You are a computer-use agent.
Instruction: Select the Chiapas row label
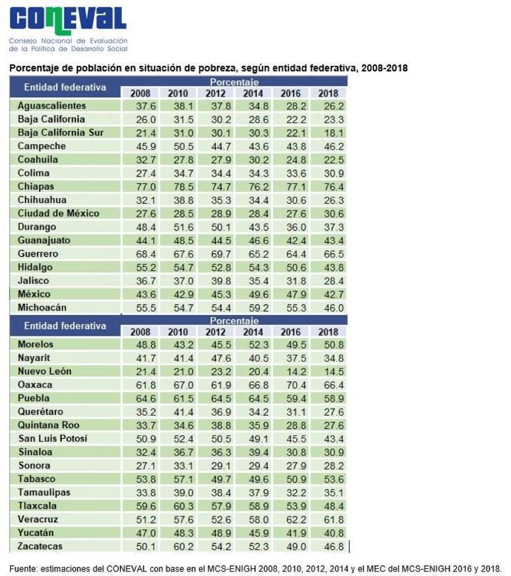(35, 186)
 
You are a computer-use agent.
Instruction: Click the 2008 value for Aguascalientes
(140, 106)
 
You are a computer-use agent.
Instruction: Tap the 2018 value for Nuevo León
(328, 371)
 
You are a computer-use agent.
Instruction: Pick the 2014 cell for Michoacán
(253, 308)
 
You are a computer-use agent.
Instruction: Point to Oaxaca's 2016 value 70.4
(291, 385)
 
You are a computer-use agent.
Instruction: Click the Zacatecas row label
(40, 546)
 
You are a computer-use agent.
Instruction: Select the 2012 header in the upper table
(215, 93)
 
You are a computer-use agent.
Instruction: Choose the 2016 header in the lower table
(291, 332)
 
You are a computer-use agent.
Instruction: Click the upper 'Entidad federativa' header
(65, 87)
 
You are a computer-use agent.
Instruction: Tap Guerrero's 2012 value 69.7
(215, 254)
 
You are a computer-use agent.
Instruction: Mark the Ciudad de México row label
(58, 213)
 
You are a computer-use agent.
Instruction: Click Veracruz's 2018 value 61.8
(328, 519)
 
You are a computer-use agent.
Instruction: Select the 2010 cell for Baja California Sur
(178, 133)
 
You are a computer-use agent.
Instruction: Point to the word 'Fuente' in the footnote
(22, 568)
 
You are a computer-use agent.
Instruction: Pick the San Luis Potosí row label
(53, 438)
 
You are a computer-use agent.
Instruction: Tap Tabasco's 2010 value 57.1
(178, 479)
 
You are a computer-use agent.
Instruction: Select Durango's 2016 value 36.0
(291, 227)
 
